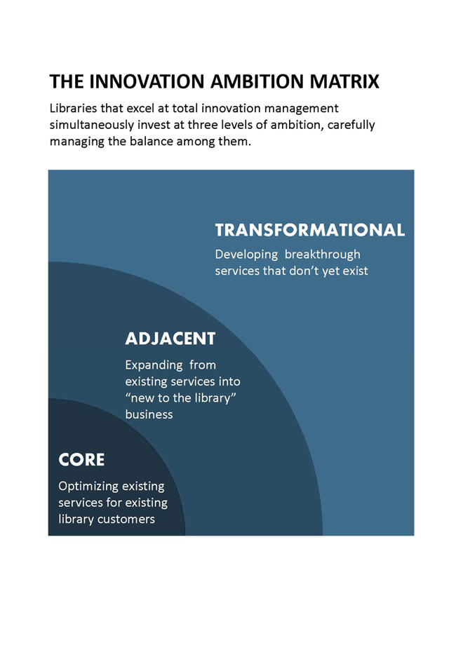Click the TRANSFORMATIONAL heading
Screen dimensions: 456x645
point(310,230)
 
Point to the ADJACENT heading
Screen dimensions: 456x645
point(170,339)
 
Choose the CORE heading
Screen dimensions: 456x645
point(81,460)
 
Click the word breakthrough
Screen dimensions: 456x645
point(322,254)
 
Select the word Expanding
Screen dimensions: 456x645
point(154,365)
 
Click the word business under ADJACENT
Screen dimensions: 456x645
point(149,414)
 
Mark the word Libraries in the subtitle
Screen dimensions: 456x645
point(73,108)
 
